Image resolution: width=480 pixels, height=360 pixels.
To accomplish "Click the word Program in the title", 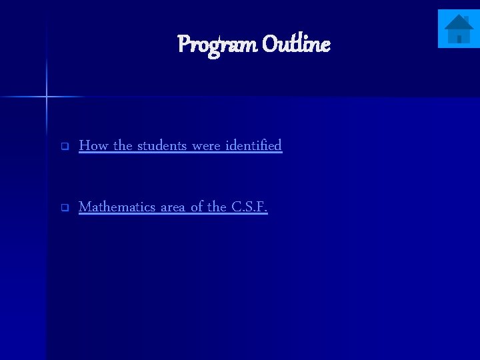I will (217, 45).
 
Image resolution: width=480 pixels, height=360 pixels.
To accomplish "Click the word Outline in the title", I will (295, 45).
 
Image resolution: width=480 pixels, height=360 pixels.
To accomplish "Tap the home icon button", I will (458, 29).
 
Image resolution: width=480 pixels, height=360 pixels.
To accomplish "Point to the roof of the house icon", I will (458, 22).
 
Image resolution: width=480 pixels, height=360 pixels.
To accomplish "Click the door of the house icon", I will (459, 39).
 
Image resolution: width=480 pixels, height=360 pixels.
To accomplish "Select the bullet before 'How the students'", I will (65, 146).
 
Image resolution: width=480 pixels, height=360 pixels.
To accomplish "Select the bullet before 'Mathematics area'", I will (65, 207).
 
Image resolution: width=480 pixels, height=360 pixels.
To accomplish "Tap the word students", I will (162, 145).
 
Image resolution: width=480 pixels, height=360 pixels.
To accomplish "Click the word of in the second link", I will (197, 207).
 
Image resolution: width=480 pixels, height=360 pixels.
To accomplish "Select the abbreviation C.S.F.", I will (249, 207).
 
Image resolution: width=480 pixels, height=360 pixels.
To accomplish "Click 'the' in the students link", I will (123, 145).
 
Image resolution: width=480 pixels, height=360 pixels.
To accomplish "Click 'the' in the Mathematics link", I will (217, 207).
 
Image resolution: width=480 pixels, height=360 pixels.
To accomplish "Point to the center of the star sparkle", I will (47, 97).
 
